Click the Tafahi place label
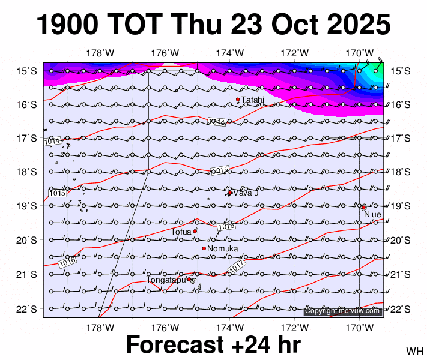253,100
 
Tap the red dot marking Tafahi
238,100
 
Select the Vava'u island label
246,193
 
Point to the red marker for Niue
363,207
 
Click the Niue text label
372,214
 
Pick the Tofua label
181,232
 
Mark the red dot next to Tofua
195,231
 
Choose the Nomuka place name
223,249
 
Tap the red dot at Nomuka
204,248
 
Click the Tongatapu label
166,280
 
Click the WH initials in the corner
414,350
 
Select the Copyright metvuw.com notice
342,311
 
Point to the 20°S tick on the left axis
26,241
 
